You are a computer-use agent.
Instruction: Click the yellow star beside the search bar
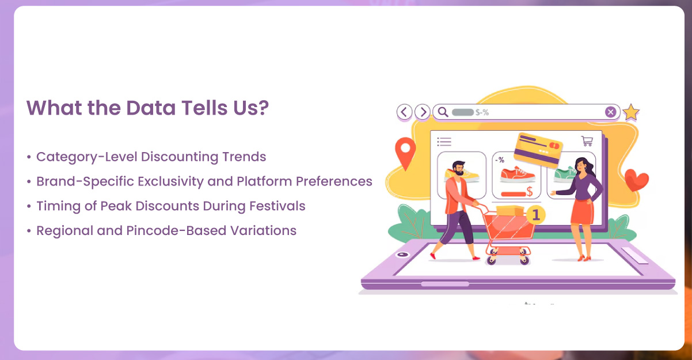pos(631,112)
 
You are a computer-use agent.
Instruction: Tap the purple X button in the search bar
pos(611,112)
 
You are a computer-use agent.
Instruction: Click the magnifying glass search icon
pos(442,112)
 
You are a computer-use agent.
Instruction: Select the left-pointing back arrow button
pos(405,112)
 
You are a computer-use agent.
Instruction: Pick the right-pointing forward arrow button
pos(423,112)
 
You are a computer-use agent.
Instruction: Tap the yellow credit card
pos(539,148)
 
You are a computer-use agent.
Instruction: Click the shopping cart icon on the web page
pos(587,141)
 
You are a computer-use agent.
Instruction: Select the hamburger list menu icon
pos(444,141)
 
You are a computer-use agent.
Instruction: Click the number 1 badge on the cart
pos(536,215)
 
